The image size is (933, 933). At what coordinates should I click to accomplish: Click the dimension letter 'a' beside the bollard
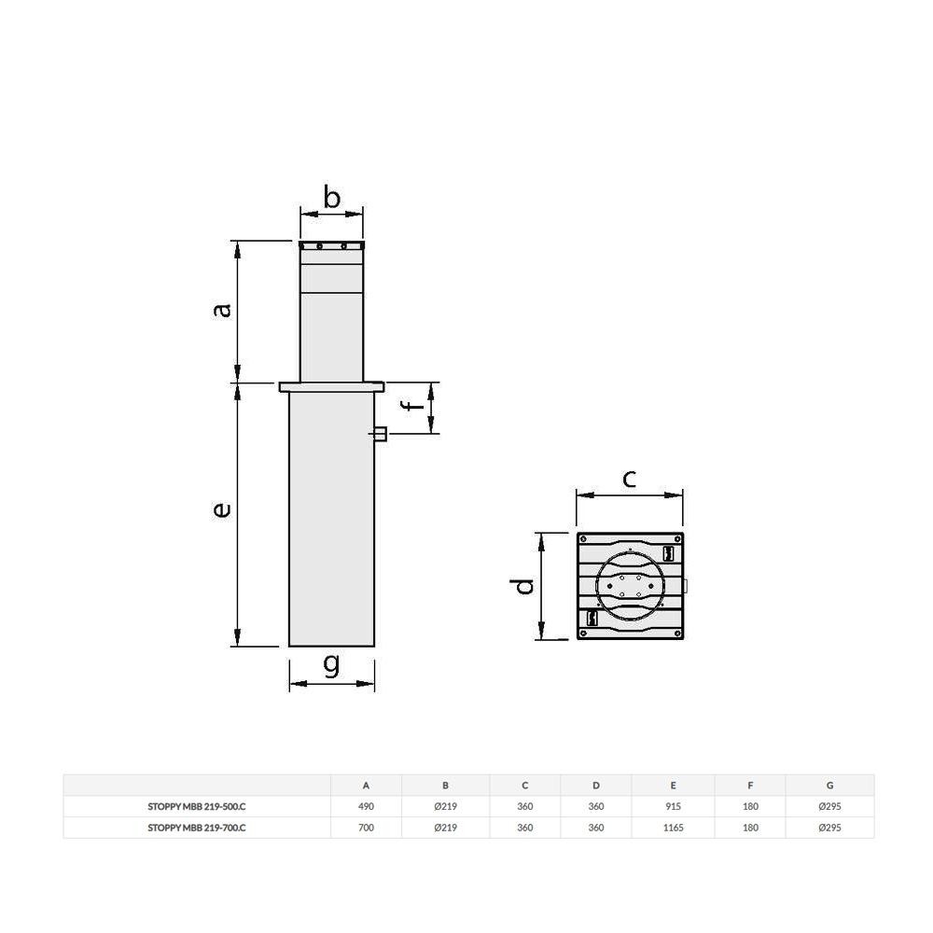(x=222, y=310)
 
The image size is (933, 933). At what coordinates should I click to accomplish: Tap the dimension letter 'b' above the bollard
(x=331, y=197)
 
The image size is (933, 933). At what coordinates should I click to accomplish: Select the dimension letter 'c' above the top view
(x=629, y=479)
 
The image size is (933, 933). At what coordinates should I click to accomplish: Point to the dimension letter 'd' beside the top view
(x=524, y=586)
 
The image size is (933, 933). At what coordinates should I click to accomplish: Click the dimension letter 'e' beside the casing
(x=222, y=509)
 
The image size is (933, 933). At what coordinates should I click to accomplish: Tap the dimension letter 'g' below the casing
(x=331, y=664)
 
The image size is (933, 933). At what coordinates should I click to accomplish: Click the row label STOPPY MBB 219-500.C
(x=197, y=806)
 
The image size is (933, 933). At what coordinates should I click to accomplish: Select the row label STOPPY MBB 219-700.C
(x=197, y=828)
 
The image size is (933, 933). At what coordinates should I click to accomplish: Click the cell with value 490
(x=366, y=806)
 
